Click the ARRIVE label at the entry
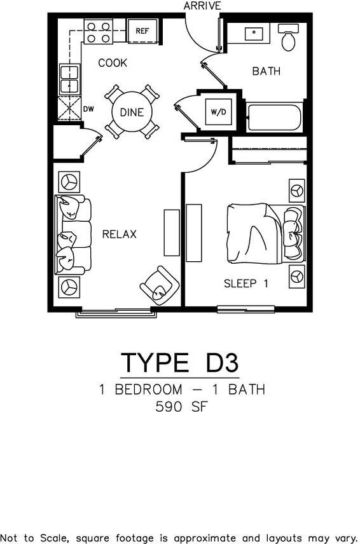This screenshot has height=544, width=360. click(202, 6)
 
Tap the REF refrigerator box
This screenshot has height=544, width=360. click(142, 30)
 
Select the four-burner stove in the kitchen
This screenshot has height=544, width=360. click(99, 32)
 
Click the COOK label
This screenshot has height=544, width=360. click(112, 63)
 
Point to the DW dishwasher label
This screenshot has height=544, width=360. click(89, 109)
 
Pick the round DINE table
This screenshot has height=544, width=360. click(132, 113)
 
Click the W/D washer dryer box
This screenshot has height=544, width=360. click(218, 112)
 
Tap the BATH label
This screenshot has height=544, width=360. click(266, 71)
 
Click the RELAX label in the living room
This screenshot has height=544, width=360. click(120, 235)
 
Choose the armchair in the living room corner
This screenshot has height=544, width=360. click(158, 285)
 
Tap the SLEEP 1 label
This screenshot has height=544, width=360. click(246, 283)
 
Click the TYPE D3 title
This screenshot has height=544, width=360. click(180, 363)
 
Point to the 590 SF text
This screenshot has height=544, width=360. click(181, 407)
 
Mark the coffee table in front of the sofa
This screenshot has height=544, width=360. click(172, 233)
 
